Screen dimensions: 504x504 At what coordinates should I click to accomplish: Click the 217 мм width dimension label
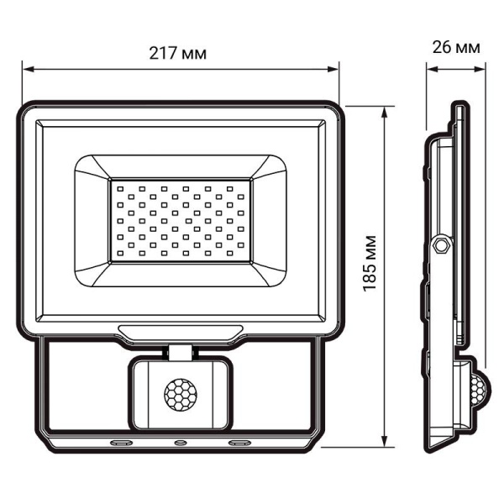180,52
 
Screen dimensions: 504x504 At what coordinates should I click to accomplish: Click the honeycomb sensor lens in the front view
178,393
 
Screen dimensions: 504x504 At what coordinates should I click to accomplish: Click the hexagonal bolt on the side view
440,245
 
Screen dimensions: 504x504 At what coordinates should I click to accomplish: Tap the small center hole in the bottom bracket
179,441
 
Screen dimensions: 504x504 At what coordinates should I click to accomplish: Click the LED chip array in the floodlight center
179,219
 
